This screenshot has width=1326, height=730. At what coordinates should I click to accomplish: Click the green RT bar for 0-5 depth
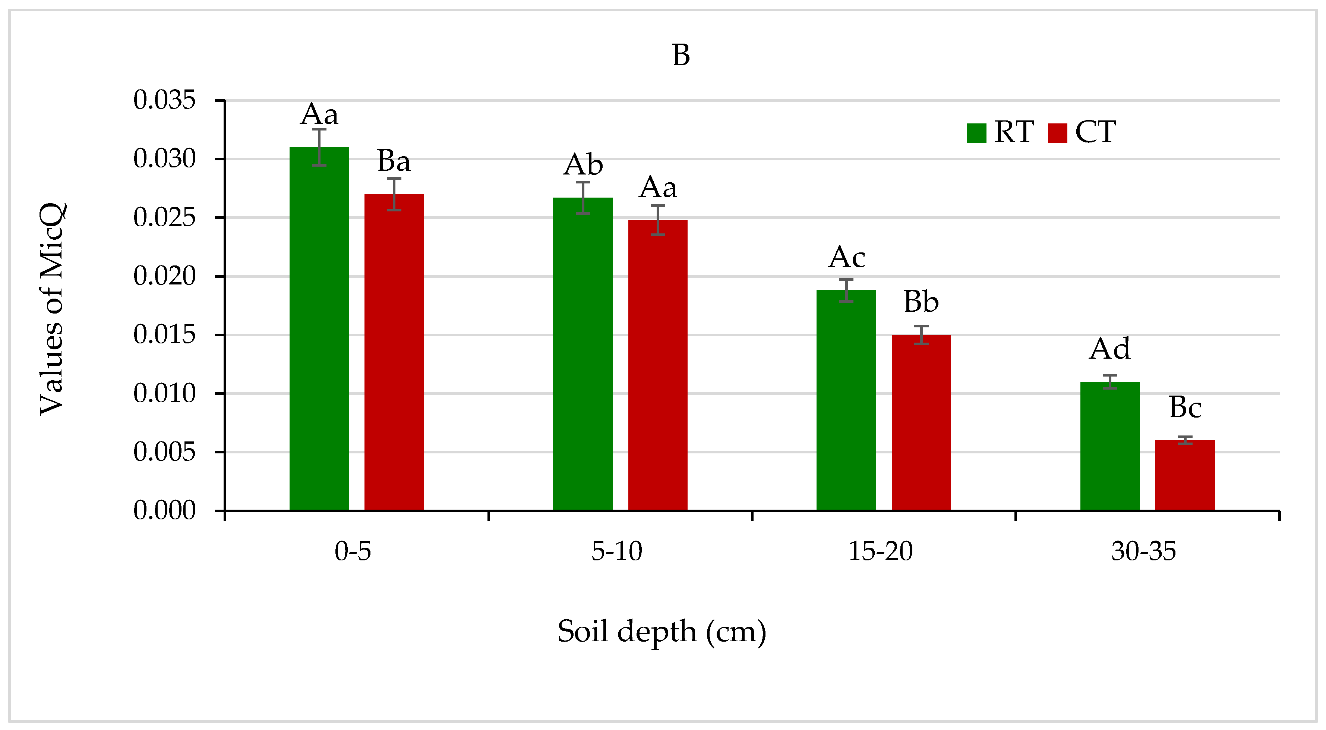319,330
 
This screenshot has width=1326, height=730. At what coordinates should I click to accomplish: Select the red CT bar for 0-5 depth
394,353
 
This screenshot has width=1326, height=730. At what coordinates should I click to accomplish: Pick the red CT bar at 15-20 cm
921,422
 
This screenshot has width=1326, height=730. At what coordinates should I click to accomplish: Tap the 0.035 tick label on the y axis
164,100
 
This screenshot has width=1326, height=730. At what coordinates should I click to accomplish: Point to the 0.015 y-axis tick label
164,335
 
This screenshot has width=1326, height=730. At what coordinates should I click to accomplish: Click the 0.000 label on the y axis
164,511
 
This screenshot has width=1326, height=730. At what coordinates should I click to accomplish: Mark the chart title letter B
681,56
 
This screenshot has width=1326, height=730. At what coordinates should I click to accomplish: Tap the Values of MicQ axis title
52,309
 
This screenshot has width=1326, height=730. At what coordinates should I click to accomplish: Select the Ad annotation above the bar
1109,349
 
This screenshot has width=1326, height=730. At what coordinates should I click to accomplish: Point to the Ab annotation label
583,165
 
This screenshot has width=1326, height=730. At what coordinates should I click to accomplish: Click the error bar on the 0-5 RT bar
319,147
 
